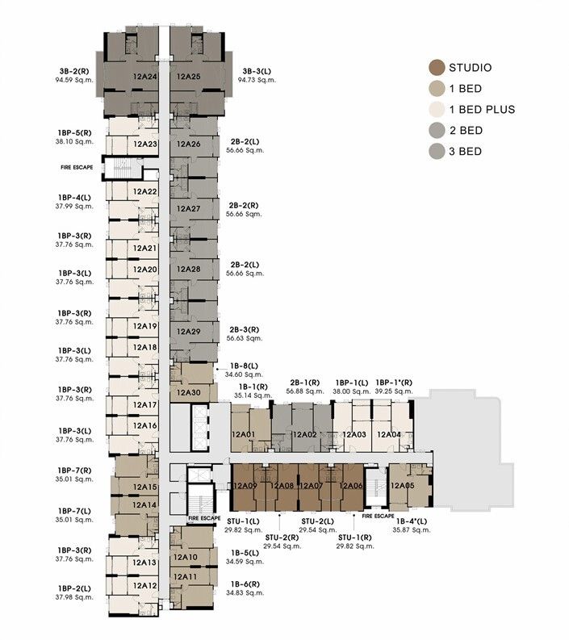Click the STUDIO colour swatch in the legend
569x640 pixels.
tap(437, 68)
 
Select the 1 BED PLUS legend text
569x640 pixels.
tap(482, 110)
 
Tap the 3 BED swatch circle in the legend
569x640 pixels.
tap(437, 151)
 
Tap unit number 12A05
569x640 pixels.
tap(402, 486)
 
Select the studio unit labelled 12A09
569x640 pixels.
tap(245, 486)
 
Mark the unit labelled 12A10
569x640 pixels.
tap(186, 557)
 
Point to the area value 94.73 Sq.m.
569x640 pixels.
tap(258, 81)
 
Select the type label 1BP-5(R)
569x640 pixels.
tap(74, 132)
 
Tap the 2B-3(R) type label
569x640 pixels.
tap(244, 329)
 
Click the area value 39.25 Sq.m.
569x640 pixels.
tap(394, 391)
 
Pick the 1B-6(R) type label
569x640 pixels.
tap(244, 584)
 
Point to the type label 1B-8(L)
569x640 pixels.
tap(244, 366)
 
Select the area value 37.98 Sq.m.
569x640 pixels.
tap(74, 597)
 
